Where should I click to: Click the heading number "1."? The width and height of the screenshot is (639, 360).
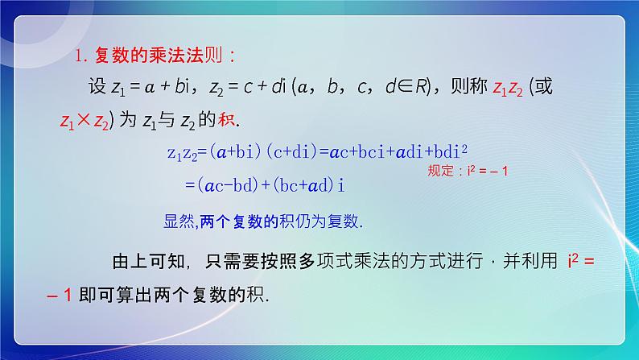click(81, 56)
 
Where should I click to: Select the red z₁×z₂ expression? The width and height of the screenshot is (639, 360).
click(85, 120)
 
